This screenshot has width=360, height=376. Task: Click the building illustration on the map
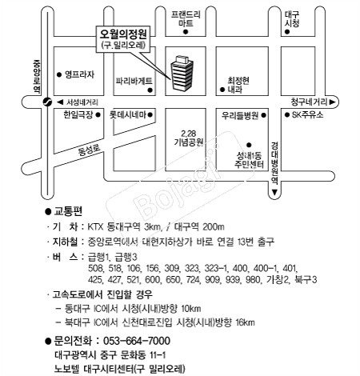pos(182,73)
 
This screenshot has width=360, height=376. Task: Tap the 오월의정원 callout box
pos(123,38)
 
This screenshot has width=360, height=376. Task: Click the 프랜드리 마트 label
pos(186,18)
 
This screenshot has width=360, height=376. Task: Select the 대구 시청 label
pos(292,18)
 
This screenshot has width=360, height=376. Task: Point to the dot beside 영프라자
pos(59,74)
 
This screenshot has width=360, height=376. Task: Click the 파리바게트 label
pos(134,81)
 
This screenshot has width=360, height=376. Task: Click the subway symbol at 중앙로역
pos(47,102)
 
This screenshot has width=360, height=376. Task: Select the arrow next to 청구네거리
pos(332,102)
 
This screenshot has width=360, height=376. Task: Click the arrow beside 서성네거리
pos(60,102)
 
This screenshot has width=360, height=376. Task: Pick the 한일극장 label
pos(78,114)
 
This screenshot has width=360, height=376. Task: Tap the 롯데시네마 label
pos(128,115)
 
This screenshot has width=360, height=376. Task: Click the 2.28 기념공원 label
pos(189,138)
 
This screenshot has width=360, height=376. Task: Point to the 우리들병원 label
pos(240,115)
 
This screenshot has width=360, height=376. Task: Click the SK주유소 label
pos(307,115)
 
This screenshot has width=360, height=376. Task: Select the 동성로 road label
pos(90,150)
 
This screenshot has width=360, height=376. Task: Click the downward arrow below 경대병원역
pos(274,192)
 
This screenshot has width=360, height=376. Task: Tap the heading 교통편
pos(68,211)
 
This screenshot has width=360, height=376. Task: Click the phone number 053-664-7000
pos(137,341)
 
